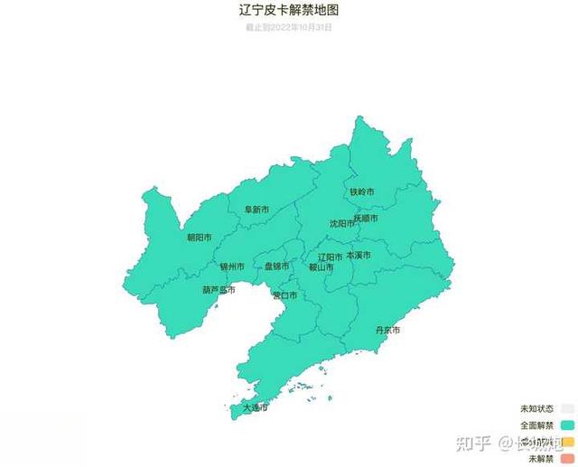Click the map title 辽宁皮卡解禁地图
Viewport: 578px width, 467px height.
[x=289, y=11]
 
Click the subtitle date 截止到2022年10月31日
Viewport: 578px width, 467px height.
[x=289, y=27]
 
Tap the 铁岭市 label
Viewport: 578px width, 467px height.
[x=361, y=191]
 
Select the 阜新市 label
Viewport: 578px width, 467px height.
[x=256, y=210]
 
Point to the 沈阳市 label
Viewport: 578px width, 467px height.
[x=342, y=222]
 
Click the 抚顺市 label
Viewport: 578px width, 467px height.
[x=365, y=218]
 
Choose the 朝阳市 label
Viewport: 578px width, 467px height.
[x=199, y=238]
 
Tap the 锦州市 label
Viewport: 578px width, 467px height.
[x=232, y=266]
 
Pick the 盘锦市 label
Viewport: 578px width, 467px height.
[x=276, y=266]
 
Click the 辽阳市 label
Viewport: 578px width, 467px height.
[x=330, y=256]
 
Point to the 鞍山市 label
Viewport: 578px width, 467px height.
[x=322, y=267]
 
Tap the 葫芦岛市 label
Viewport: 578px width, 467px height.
[x=219, y=290]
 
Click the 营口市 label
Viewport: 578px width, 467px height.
[x=284, y=295]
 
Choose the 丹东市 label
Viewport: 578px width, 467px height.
[x=387, y=331]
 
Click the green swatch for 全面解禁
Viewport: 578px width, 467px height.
[x=567, y=425]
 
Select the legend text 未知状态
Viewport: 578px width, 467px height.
[x=536, y=407]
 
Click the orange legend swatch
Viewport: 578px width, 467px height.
[x=567, y=442]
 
